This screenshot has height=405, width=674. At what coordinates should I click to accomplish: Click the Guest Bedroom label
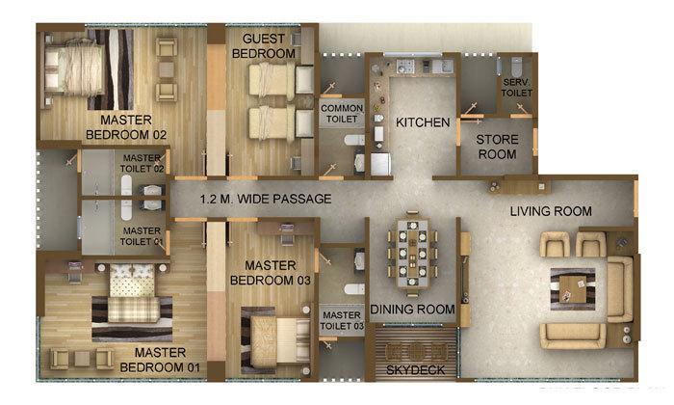(x=263, y=45)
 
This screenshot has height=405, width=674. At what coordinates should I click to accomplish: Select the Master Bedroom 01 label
(x=167, y=360)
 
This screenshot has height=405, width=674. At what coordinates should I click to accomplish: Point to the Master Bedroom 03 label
(x=272, y=273)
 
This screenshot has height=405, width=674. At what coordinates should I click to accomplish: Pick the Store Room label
(x=498, y=147)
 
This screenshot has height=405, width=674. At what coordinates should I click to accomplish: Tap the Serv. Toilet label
(x=517, y=88)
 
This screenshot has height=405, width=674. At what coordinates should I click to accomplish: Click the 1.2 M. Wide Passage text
(x=266, y=200)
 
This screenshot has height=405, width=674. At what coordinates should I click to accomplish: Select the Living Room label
(x=551, y=211)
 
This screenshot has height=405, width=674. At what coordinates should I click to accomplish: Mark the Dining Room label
(x=412, y=310)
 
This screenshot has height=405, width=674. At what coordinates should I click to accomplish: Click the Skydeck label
(x=415, y=369)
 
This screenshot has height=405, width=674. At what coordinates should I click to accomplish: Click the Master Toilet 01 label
(x=142, y=236)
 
